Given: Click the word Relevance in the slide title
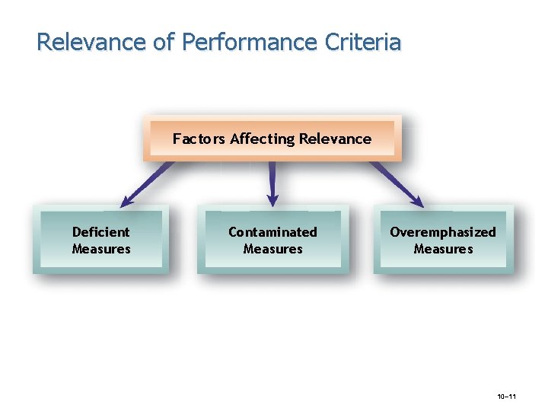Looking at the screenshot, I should click(x=91, y=41).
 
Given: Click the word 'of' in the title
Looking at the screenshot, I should click(x=164, y=41).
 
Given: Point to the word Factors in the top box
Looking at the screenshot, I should click(x=199, y=139).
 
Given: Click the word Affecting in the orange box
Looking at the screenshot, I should click(x=262, y=139).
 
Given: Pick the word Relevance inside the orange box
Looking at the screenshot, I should click(x=335, y=139).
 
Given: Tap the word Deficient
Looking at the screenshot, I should click(x=100, y=232).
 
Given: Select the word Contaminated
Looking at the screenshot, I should click(x=272, y=232).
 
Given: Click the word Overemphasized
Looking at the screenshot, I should click(x=442, y=232).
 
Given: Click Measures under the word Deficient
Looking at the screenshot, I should click(x=101, y=249).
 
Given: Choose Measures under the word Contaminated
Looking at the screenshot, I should click(x=272, y=249).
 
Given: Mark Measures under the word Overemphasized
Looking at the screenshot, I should click(x=443, y=249).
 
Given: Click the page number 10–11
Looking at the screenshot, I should click(x=506, y=397).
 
